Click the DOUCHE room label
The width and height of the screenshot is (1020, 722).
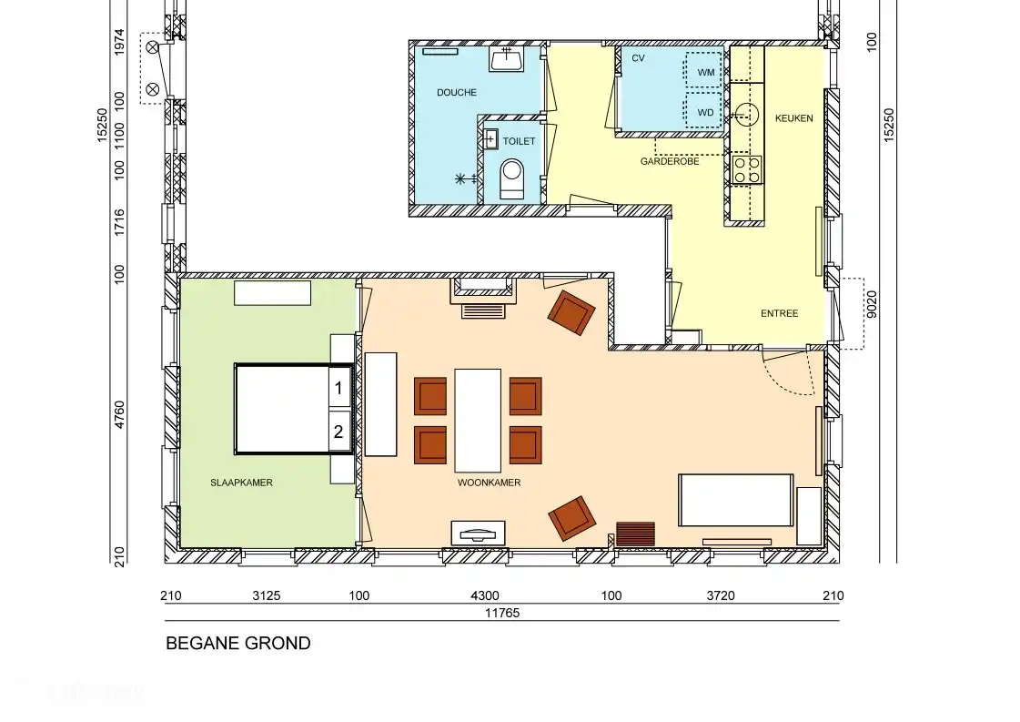(x=456, y=93)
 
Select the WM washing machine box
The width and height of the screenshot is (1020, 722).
(x=705, y=71)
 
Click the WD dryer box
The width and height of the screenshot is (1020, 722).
(x=705, y=112)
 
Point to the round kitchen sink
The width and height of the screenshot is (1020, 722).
(x=746, y=114)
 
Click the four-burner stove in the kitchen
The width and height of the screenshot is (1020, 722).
(x=747, y=168)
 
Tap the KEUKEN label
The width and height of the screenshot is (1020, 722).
(x=793, y=118)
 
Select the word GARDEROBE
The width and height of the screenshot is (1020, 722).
(x=669, y=161)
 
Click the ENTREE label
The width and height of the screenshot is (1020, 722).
(x=779, y=313)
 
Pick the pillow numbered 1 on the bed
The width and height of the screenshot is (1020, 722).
(x=338, y=388)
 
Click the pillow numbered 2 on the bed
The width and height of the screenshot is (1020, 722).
(x=338, y=432)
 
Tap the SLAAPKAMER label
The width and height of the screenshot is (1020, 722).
(x=241, y=483)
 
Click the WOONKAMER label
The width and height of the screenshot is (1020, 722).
(x=489, y=483)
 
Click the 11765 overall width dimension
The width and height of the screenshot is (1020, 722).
(x=501, y=613)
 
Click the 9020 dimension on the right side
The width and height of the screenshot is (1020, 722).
(x=872, y=301)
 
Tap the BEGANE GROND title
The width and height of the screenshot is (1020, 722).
(x=237, y=644)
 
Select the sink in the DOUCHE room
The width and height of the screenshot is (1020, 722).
(x=506, y=59)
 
